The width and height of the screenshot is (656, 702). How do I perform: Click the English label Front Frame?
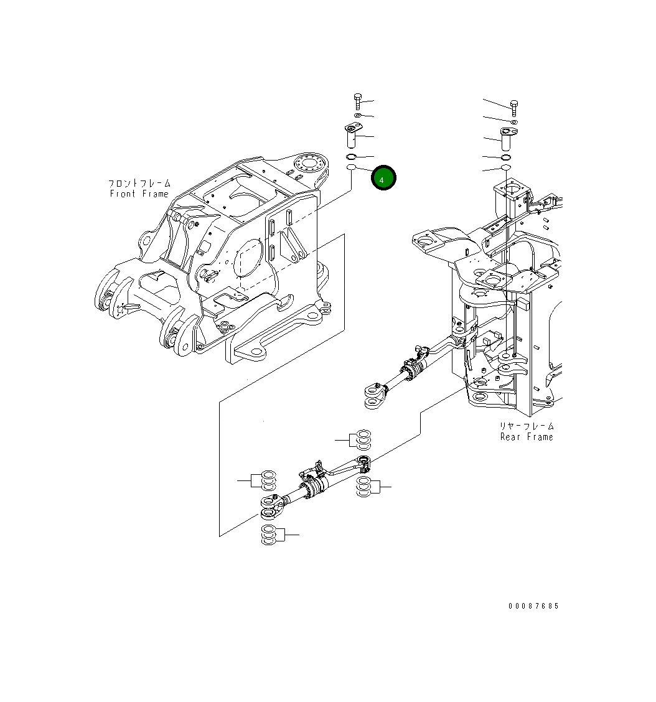139,194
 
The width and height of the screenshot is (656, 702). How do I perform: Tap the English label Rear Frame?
526,437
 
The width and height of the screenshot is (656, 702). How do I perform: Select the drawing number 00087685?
533,606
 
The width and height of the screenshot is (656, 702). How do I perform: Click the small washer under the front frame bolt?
357,116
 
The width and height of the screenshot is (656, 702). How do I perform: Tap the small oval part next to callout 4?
351,168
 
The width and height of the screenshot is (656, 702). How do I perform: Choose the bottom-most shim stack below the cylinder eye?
269,535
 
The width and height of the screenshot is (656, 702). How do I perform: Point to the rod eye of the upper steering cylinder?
374,396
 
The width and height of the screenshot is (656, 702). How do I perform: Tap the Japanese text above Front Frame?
139,184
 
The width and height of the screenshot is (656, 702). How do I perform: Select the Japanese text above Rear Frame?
526,426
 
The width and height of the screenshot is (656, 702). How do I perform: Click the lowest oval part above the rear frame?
505,168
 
